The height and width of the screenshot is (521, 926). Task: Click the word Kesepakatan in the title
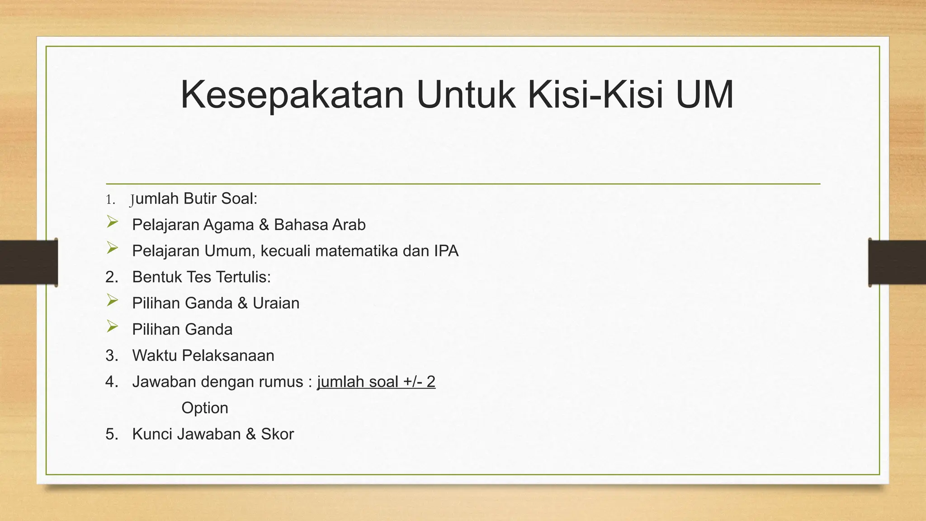(x=292, y=95)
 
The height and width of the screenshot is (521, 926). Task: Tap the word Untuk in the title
(x=466, y=95)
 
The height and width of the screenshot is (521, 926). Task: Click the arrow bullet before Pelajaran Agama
(x=112, y=222)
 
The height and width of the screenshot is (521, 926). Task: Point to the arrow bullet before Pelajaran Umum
(x=112, y=248)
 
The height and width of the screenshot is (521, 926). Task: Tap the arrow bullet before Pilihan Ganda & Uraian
(x=112, y=300)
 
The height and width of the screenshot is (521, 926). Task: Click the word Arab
(x=349, y=225)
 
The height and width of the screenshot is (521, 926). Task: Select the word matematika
(x=356, y=251)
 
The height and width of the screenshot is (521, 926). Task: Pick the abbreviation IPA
(x=446, y=251)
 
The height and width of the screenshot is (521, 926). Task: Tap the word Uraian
(x=276, y=303)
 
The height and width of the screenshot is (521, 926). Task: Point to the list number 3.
(x=111, y=356)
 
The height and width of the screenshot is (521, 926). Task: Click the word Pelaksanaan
(x=228, y=356)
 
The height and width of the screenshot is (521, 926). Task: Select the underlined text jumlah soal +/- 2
(x=376, y=382)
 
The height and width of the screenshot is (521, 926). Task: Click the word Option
(x=205, y=408)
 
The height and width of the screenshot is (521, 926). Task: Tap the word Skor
(x=277, y=435)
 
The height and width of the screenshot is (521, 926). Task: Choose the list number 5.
(x=111, y=435)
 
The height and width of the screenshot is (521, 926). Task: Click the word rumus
(x=281, y=382)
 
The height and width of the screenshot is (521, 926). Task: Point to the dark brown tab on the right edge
(x=897, y=262)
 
